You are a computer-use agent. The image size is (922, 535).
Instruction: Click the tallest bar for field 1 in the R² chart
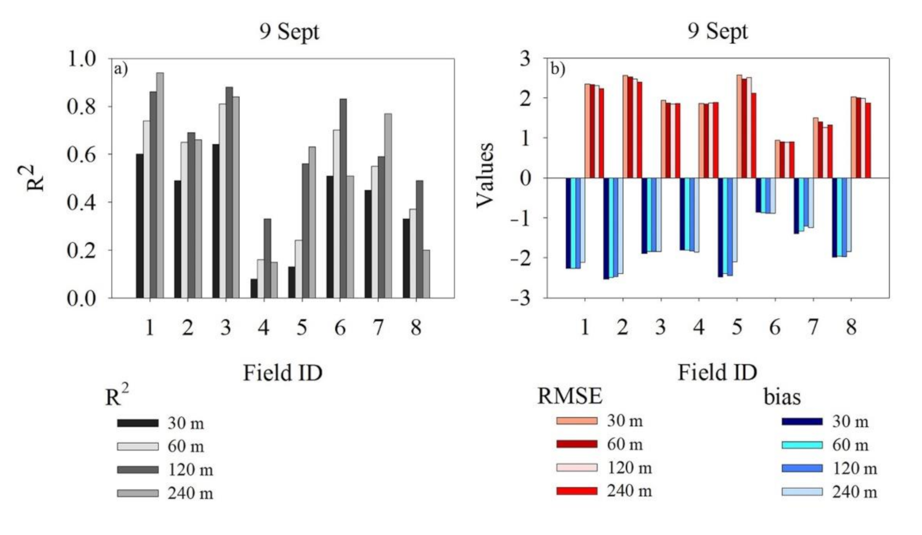coord(160,184)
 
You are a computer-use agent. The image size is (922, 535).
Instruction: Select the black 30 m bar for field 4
coord(254,288)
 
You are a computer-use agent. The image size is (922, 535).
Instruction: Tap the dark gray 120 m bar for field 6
coord(343,198)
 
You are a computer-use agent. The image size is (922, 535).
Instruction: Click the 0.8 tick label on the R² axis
coord(81,107)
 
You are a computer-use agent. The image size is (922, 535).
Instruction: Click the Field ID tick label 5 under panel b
coord(736,327)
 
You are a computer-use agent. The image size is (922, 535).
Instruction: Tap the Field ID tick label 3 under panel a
coord(225,327)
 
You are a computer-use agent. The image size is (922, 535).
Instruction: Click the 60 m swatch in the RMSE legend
coord(576,444)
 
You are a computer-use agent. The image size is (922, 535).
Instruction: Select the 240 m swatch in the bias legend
coord(802,492)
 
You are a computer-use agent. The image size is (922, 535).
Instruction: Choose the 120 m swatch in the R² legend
coord(138,470)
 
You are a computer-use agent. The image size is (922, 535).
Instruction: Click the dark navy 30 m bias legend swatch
coord(802,421)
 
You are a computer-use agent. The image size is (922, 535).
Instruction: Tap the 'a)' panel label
coord(121,69)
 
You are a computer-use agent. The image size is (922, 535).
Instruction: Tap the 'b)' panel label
coord(557,69)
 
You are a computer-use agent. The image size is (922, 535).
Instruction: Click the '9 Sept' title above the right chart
coord(717,31)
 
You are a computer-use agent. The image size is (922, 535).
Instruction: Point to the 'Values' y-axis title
coord(485,175)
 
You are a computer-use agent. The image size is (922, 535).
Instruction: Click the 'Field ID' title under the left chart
coord(282,373)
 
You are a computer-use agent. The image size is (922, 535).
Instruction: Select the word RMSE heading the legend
coord(569,396)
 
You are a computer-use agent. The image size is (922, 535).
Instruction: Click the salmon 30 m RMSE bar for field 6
coord(777,159)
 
